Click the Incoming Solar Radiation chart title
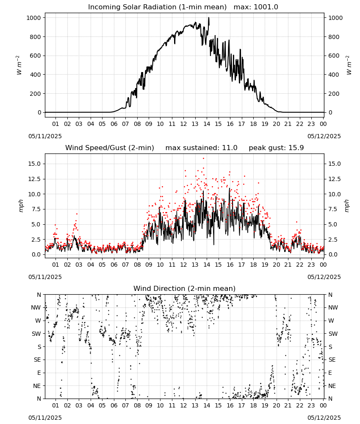[157, 7]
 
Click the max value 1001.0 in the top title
[266, 7]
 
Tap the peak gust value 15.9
[296, 148]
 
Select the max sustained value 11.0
[230, 148]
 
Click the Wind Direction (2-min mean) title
[185, 288]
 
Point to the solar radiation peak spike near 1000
[208, 18]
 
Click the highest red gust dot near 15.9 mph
[203, 159]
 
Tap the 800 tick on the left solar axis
[35, 37]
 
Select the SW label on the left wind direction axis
[36, 334]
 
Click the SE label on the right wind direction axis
[332, 360]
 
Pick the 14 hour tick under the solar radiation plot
[207, 124]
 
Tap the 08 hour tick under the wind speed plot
[137, 265]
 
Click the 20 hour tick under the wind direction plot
[276, 405]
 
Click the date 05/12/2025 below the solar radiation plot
[324, 136]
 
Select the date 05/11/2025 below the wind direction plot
[45, 418]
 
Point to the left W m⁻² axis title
[19, 65]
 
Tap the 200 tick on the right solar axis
[334, 94]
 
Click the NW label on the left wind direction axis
[36, 307]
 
